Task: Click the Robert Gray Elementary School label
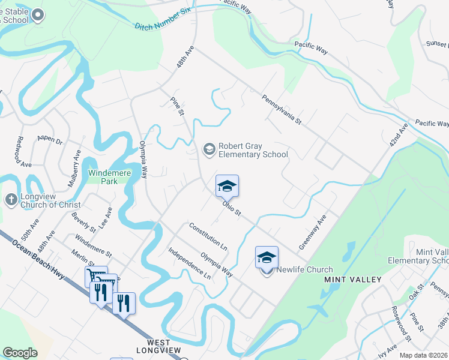click(253, 150)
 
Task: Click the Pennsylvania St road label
click(281, 109)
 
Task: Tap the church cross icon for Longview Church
click(11, 199)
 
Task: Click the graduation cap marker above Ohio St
click(227, 186)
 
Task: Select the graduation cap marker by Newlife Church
click(267, 258)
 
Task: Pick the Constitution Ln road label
click(208, 237)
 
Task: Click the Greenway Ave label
click(312, 232)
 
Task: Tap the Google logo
click(20, 352)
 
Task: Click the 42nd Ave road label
click(397, 137)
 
